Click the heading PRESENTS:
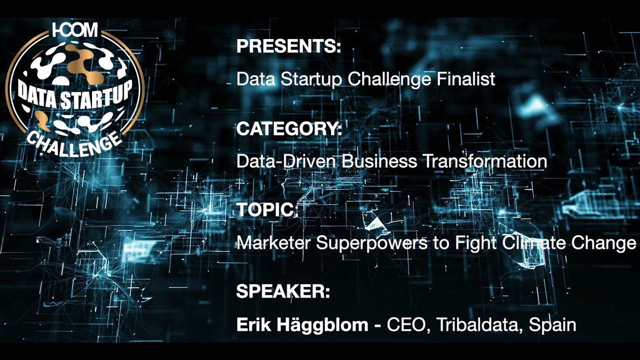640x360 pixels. tap(288, 47)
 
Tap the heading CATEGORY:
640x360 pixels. tap(289, 129)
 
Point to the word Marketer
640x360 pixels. tap(273, 243)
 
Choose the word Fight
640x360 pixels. tap(473, 243)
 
